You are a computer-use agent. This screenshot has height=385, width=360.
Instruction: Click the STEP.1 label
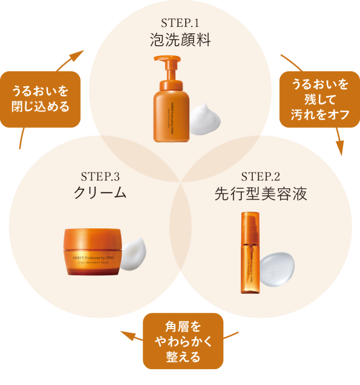[180, 24]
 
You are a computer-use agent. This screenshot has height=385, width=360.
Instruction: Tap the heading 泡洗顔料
[180, 40]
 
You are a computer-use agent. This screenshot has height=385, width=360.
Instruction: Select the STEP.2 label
[260, 176]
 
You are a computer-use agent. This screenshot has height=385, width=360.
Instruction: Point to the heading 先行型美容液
[260, 193]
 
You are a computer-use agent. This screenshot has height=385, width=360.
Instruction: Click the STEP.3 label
[100, 176]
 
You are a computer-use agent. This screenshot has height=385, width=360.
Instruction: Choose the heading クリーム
[100, 192]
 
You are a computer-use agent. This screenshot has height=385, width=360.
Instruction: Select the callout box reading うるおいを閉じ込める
[41, 99]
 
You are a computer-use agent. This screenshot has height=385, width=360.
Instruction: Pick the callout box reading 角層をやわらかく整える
[184, 341]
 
